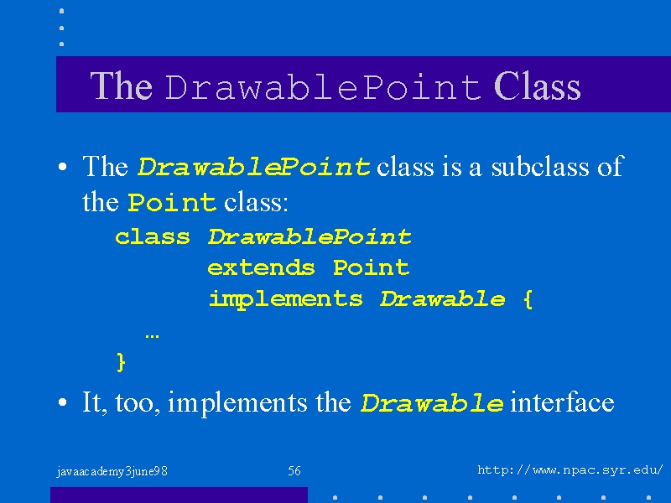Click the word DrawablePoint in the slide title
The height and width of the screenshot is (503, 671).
(323, 87)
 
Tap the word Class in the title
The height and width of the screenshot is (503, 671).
(538, 86)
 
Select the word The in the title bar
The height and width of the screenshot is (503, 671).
(121, 86)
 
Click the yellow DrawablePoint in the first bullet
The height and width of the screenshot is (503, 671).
(254, 167)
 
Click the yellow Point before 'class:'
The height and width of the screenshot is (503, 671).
(172, 202)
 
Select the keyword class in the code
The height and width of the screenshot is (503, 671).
(153, 237)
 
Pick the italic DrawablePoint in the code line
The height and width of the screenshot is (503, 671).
(309, 237)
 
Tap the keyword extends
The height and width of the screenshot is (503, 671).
(261, 268)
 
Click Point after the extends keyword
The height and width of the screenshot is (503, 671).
(372, 267)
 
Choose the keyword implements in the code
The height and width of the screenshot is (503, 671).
(286, 299)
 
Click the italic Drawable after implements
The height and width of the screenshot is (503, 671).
(443, 299)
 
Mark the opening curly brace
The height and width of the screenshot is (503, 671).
(528, 299)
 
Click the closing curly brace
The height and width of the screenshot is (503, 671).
(121, 362)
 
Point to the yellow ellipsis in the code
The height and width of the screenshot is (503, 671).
(152, 336)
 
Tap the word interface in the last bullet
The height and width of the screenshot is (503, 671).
(562, 402)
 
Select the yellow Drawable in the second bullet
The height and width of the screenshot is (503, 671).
(432, 403)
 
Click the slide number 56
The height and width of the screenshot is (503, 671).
(294, 471)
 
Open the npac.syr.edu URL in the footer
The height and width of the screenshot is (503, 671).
(570, 470)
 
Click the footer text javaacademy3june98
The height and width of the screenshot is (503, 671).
(112, 472)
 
